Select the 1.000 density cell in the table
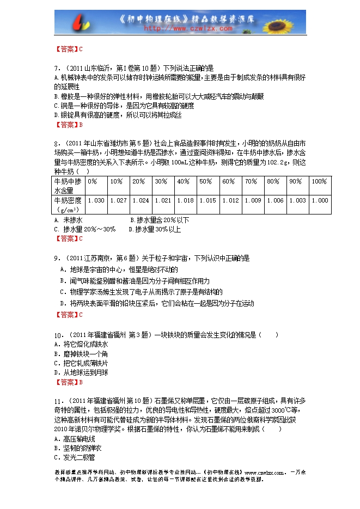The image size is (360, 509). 320,200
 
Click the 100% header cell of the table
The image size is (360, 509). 319,181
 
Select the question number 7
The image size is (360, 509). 57,69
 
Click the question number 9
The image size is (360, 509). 57,257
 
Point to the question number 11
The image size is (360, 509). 58,400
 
